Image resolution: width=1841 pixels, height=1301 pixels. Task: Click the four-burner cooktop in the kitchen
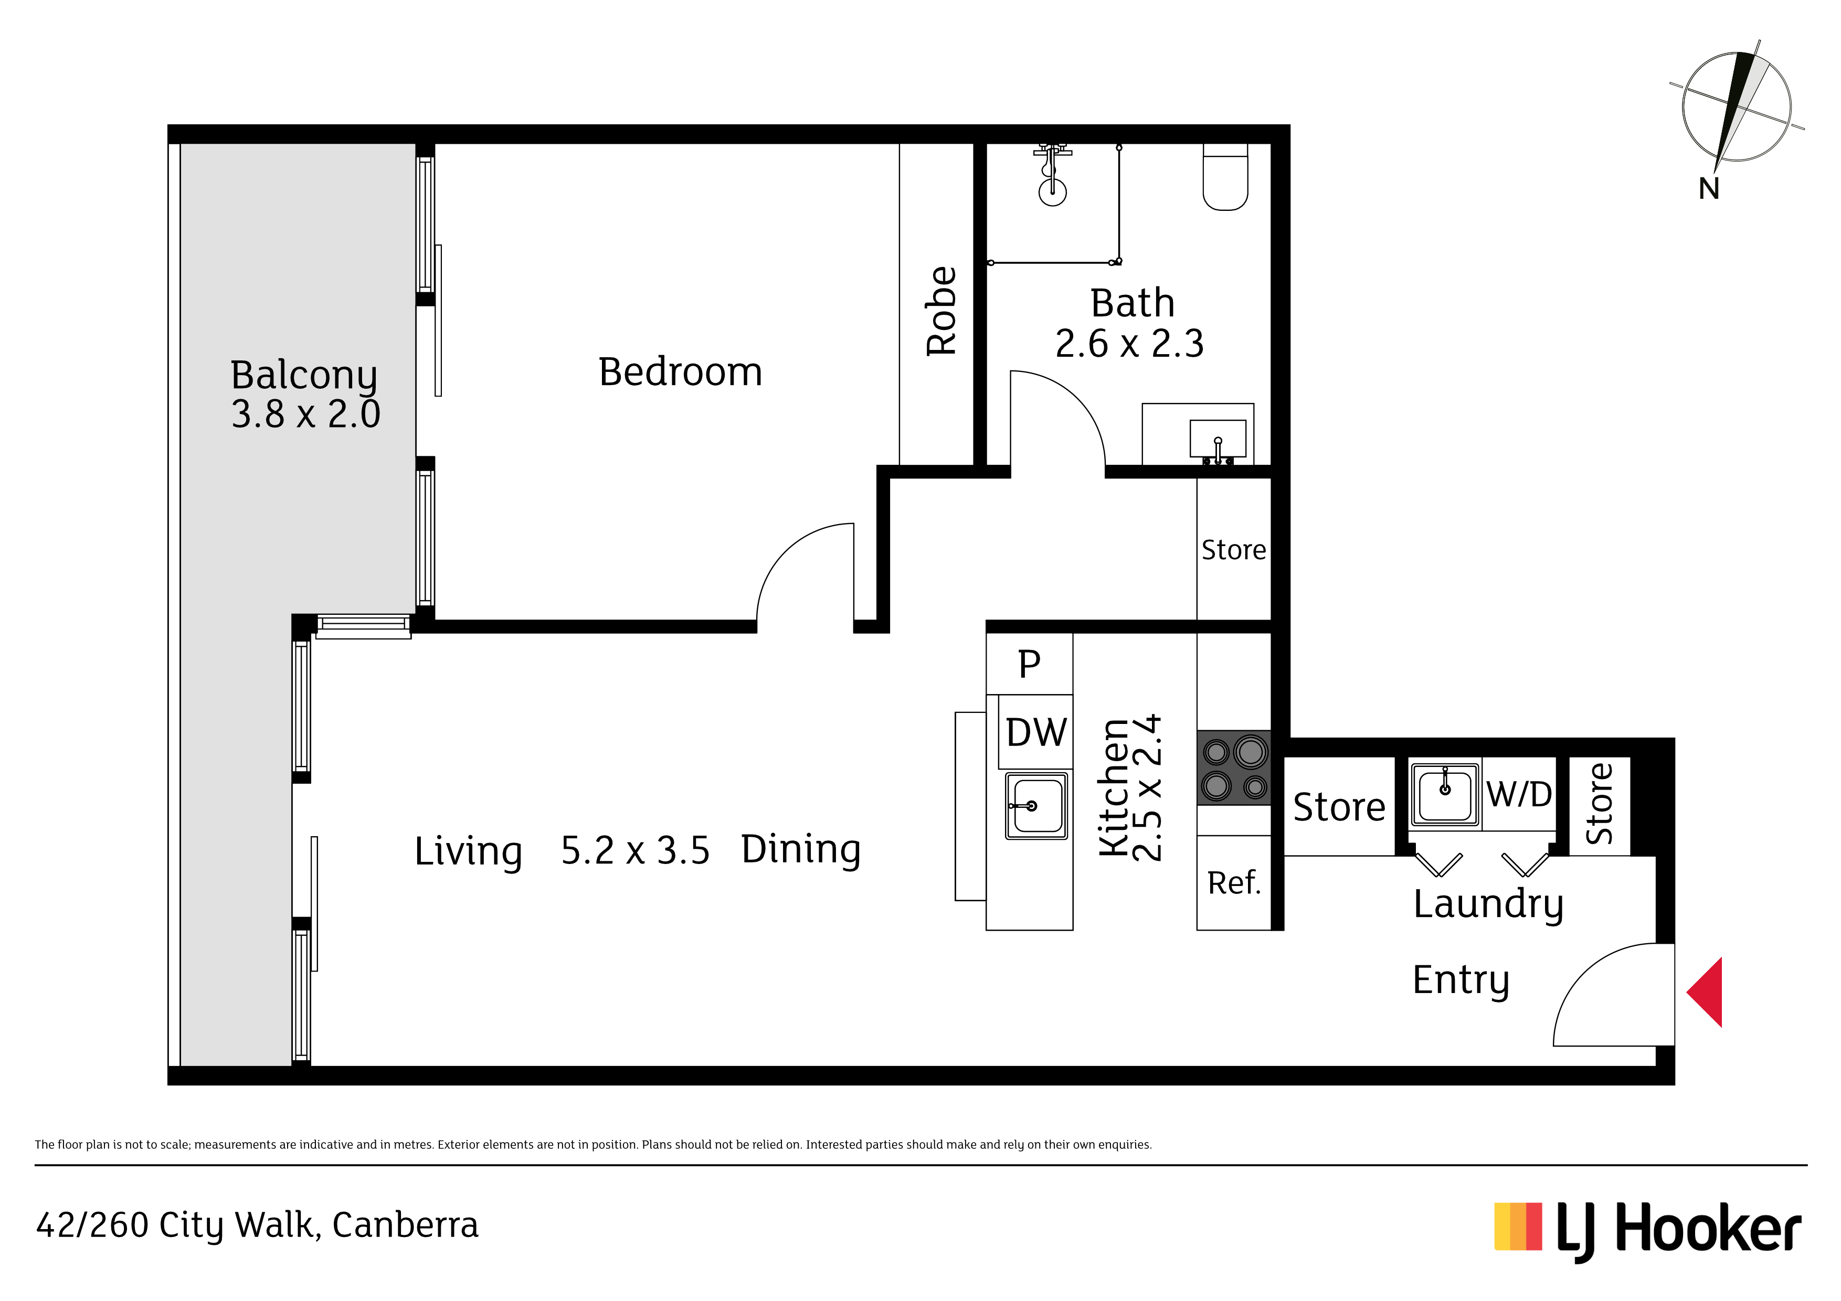(1233, 767)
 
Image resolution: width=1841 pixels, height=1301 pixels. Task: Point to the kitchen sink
(1036, 806)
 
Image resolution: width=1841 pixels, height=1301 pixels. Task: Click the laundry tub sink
(1445, 794)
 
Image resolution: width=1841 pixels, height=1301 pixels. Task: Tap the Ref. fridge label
(1234, 883)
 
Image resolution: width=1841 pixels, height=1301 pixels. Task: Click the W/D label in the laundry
(1519, 794)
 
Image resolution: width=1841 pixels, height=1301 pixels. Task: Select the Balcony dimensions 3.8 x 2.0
(305, 414)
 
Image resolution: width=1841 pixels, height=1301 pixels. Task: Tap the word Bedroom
(680, 372)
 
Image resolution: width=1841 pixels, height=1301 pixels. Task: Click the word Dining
(800, 850)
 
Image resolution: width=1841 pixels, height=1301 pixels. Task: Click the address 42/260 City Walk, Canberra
(257, 1225)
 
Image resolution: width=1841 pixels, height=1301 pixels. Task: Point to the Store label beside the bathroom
(1233, 550)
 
